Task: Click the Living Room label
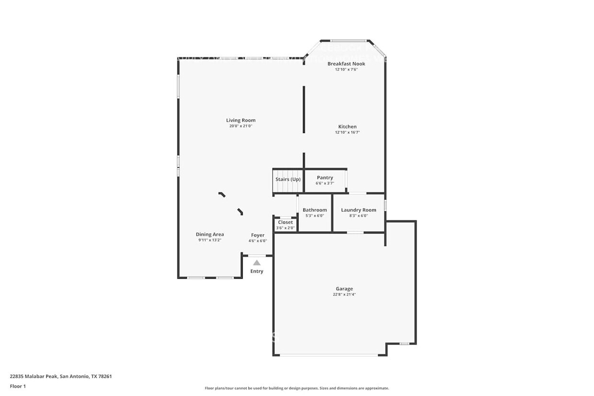click(x=240, y=120)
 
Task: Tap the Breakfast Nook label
click(x=346, y=64)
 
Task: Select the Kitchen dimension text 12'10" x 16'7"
click(x=347, y=132)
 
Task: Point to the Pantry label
click(x=325, y=178)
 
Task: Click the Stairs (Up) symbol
click(x=288, y=182)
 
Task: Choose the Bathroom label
click(x=315, y=210)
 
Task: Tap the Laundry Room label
click(x=358, y=210)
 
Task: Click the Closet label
click(x=285, y=222)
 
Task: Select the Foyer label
click(x=258, y=235)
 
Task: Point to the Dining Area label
click(x=210, y=234)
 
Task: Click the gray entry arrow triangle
click(x=257, y=262)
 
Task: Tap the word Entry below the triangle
click(x=257, y=272)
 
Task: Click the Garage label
click(x=344, y=289)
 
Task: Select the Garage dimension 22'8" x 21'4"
click(x=344, y=294)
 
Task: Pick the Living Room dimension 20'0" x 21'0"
click(x=240, y=126)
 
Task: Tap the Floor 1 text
click(x=18, y=386)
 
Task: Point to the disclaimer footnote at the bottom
click(x=297, y=388)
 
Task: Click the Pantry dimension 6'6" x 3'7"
click(x=325, y=183)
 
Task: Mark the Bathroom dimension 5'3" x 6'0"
click(x=315, y=215)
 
